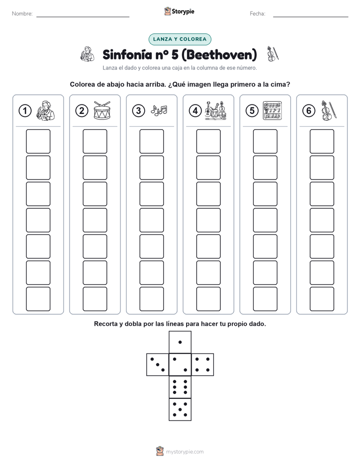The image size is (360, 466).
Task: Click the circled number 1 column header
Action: click(25, 111)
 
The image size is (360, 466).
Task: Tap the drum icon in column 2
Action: click(102, 110)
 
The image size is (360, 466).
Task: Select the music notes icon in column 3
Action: click(159, 110)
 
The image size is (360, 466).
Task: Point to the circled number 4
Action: click(195, 111)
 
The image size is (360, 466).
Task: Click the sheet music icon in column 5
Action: click(272, 110)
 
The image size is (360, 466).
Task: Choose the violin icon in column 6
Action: click(329, 110)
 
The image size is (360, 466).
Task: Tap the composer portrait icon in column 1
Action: click(45, 110)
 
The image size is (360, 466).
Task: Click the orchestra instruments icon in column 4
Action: click(215, 110)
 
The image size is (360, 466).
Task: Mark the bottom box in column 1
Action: click(38, 299)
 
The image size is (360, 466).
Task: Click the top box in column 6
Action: click(322, 141)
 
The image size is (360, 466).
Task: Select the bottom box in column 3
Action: click(151, 299)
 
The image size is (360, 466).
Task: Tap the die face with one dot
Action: click(180, 342)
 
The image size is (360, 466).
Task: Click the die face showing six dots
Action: click(180, 387)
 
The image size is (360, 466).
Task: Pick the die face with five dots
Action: click(180, 410)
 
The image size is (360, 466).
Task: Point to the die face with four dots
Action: click(203, 364)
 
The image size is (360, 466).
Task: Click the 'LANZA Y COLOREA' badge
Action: click(179, 39)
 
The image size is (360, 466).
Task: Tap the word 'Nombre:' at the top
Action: click(22, 14)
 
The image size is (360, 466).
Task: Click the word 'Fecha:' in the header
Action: click(258, 14)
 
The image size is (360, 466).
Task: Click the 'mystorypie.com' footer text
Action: click(185, 452)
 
